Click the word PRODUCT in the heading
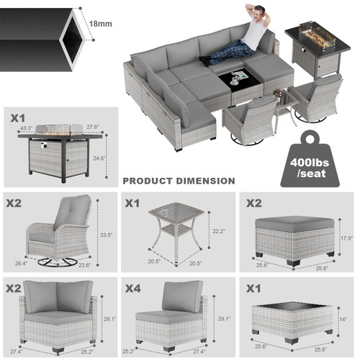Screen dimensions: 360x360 [x=148, y=181]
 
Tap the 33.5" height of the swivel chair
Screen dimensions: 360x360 [x=107, y=233]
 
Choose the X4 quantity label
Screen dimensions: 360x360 [x=132, y=289]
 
